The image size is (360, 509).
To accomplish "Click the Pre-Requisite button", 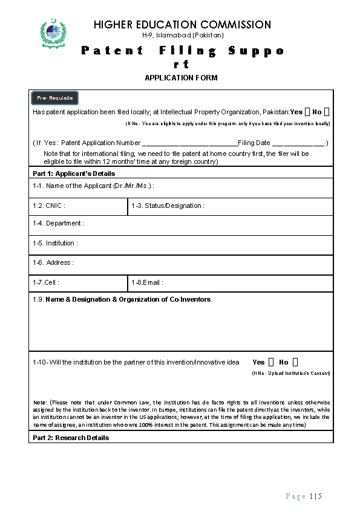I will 55,98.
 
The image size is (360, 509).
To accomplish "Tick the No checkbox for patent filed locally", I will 327,112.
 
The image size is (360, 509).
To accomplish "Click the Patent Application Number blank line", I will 189,144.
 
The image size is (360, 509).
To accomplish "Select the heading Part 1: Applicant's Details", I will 74,173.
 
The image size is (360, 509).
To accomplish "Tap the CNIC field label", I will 49,206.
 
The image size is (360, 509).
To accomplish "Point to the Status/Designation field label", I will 168,206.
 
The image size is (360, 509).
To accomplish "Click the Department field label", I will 59,224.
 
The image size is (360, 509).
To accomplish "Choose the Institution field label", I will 56,243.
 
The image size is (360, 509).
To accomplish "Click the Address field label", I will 53,263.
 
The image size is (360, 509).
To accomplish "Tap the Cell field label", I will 46,282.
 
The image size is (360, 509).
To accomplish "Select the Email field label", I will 147,282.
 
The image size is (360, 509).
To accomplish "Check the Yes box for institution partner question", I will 270,362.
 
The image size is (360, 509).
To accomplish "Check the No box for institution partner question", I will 295,362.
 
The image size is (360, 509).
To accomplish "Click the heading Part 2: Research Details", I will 71,438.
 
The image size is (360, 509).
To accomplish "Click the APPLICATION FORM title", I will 181,78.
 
